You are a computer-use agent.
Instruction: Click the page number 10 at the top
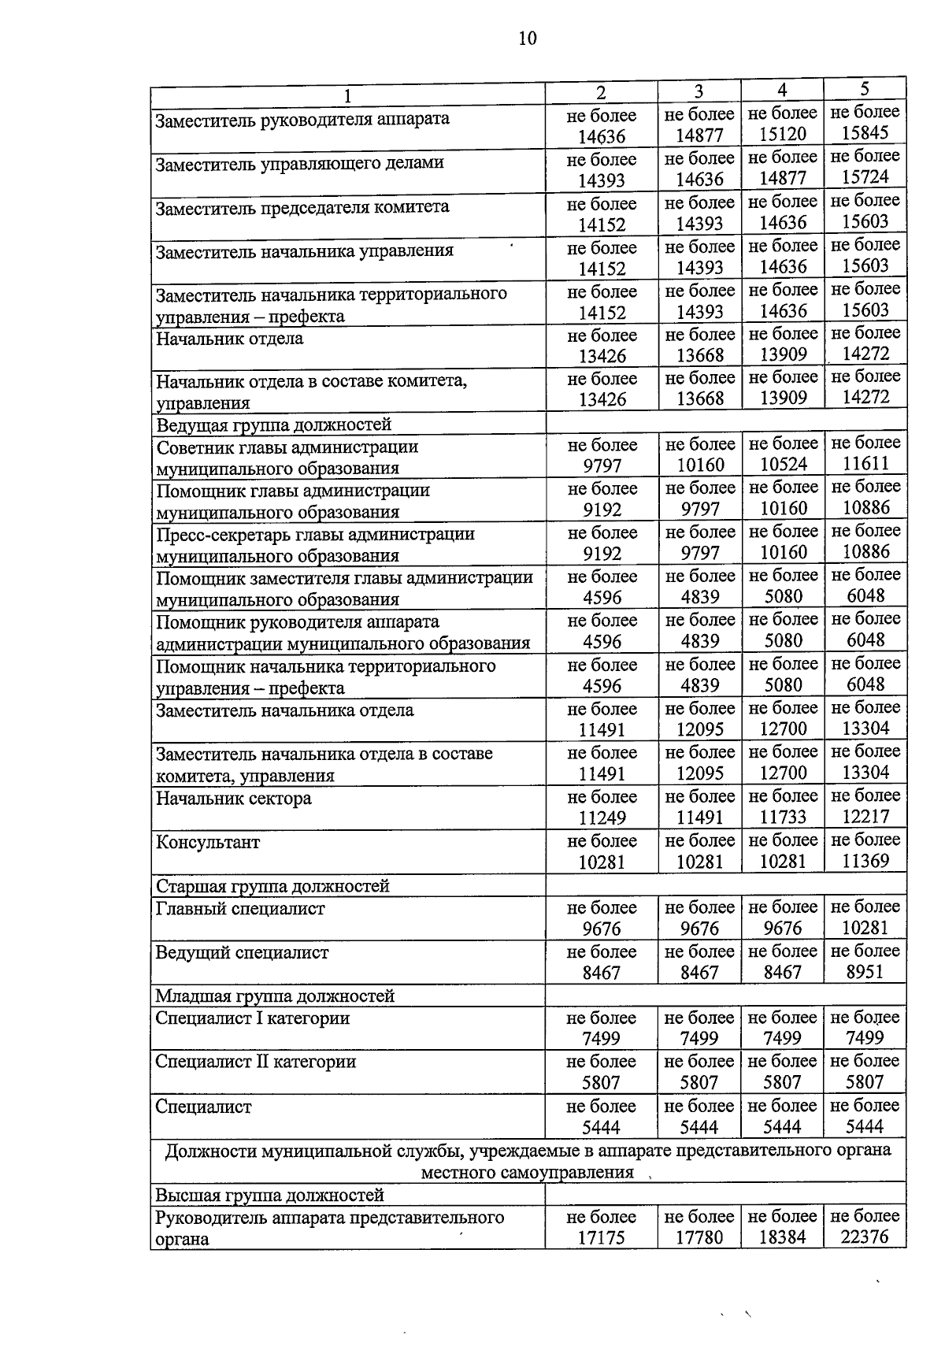tap(528, 38)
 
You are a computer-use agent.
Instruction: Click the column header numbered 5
tap(865, 88)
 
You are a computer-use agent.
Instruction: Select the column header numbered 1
tap(347, 95)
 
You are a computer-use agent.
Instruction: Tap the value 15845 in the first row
tap(865, 133)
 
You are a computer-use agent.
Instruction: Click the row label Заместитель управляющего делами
tap(300, 163)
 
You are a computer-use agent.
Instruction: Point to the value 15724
tap(865, 177)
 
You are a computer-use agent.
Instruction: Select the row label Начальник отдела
tap(230, 339)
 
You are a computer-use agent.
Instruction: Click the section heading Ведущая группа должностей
tap(273, 425)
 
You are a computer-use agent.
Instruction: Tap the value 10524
tap(783, 464)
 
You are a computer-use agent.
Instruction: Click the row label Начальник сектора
tap(234, 799)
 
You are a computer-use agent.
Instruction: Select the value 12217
tap(865, 817)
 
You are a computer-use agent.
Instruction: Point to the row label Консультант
tap(208, 843)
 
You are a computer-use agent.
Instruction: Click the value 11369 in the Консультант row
tap(865, 861)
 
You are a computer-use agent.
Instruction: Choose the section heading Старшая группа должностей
tap(272, 886)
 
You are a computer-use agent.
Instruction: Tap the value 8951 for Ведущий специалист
tap(865, 972)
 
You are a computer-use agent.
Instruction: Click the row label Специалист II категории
tap(256, 1062)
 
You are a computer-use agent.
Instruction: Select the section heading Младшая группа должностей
tap(275, 996)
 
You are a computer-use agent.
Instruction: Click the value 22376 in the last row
tap(865, 1237)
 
